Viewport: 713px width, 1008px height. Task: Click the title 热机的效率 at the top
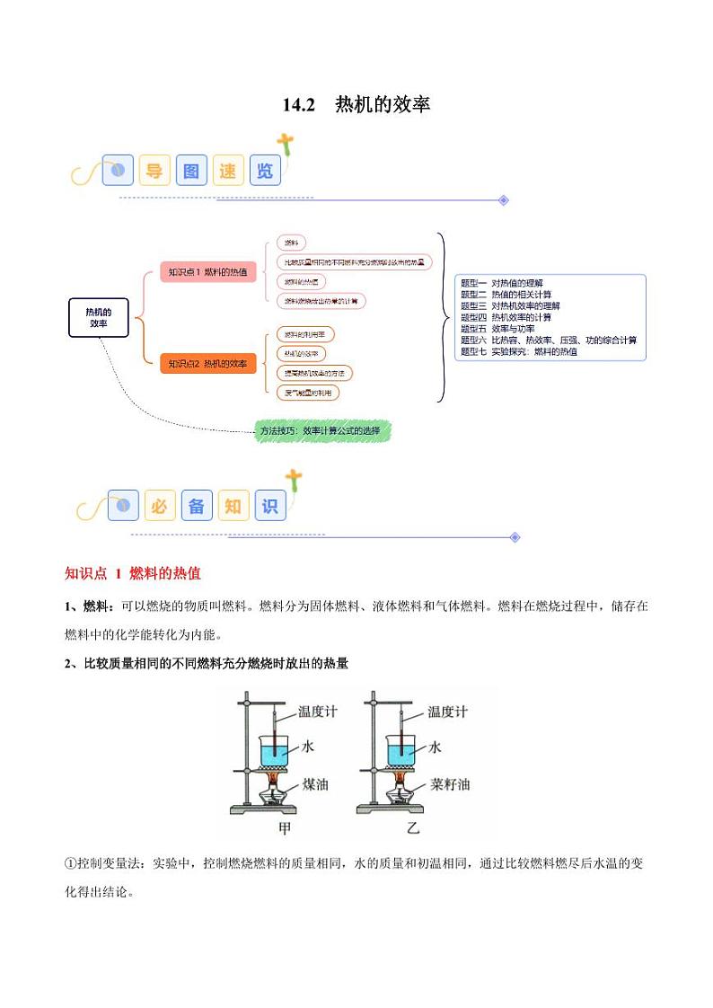tap(356, 105)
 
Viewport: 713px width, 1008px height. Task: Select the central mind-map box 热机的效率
tap(99, 317)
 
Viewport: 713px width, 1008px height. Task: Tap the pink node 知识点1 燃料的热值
tap(208, 271)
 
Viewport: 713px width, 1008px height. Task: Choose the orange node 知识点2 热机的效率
tap(208, 364)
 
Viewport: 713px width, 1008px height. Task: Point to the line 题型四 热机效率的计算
tap(506, 317)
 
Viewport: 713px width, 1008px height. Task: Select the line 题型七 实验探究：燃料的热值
tap(519, 352)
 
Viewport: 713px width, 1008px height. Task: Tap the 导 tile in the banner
tap(154, 170)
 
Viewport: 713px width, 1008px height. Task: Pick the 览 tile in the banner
tap(265, 170)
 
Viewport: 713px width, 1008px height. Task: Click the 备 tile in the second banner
tap(197, 506)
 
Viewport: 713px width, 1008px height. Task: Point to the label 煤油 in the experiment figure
tap(315, 784)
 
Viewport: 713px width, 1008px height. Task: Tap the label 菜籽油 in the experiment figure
tap(450, 784)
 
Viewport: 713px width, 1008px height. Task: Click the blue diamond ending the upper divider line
tap(504, 200)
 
